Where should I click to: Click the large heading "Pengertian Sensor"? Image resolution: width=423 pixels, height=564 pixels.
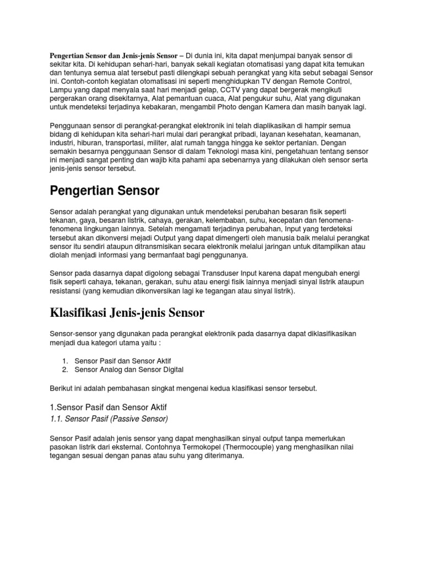[x=105, y=191]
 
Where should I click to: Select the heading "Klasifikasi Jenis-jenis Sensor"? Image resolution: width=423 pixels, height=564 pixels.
[x=127, y=313]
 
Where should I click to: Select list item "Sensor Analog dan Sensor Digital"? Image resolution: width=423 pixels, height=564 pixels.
[x=129, y=369]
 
